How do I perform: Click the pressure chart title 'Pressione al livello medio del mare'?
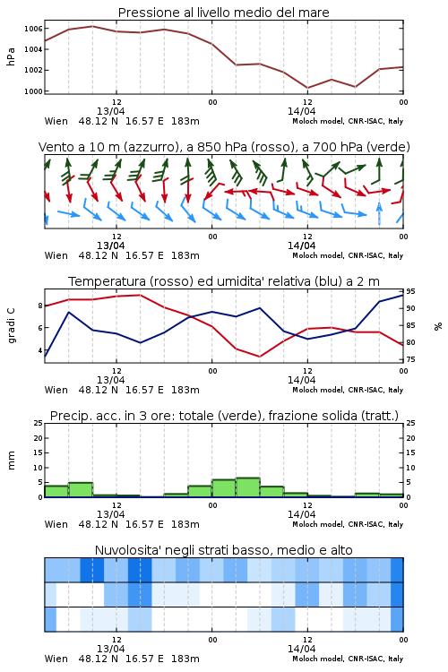coord(223,13)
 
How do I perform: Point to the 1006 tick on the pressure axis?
coord(33,29)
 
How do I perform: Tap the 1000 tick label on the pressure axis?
coord(33,91)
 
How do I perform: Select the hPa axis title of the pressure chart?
coord(11,56)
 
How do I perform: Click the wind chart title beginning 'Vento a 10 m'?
coord(224,147)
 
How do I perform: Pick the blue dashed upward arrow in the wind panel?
coord(379,213)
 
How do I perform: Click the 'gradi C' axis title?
coord(11,325)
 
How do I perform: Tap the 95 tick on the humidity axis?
coord(410,291)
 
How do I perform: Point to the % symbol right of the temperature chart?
coord(438,326)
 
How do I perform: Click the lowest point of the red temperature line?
coord(259,357)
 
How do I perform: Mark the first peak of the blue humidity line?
coord(69,312)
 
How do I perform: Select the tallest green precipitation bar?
coord(248,487)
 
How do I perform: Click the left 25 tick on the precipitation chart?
coord(39,423)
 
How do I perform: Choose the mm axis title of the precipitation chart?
coord(11,461)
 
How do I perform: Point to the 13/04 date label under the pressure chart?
coord(110,111)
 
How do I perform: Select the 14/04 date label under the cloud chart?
coord(301,649)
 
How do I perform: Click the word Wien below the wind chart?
coord(56,255)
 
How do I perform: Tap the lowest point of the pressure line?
coord(307,88)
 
